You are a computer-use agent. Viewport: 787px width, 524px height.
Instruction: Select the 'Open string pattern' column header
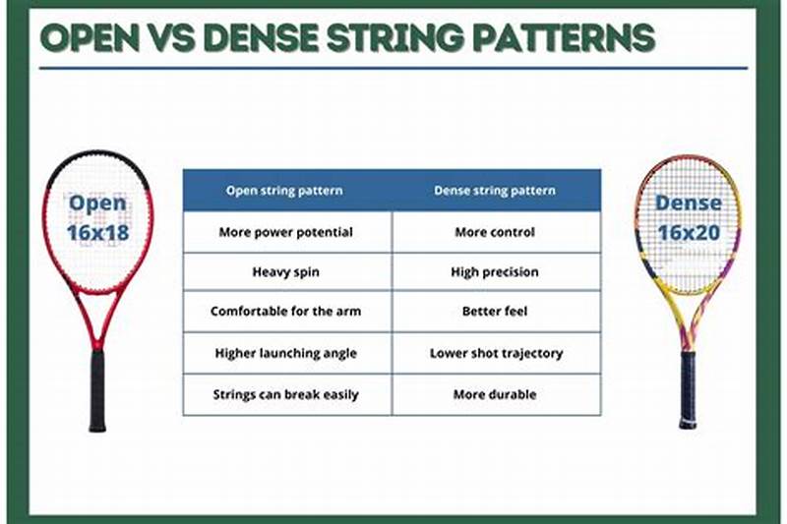(x=285, y=191)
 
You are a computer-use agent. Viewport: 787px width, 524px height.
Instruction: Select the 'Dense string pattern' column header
(x=495, y=191)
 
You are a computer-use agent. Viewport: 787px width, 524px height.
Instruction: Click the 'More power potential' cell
(x=285, y=233)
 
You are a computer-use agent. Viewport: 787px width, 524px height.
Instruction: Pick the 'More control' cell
(x=495, y=233)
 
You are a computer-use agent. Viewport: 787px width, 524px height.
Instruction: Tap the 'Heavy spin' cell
(x=285, y=271)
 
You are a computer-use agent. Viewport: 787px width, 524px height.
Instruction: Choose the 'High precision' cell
(x=495, y=271)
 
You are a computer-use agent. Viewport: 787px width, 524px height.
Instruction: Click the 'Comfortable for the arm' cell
(x=285, y=312)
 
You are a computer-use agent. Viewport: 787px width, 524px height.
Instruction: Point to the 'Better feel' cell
(x=495, y=312)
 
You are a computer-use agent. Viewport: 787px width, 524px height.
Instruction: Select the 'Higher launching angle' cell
(x=285, y=353)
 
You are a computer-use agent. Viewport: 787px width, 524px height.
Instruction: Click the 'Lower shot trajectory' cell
(x=495, y=353)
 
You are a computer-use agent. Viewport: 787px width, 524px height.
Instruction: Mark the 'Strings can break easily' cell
(x=285, y=394)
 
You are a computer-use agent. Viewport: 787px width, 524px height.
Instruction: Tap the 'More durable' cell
(x=495, y=394)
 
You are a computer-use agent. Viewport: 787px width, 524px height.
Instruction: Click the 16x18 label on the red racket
(x=97, y=234)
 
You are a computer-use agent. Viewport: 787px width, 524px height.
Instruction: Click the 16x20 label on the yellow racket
(x=689, y=233)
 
